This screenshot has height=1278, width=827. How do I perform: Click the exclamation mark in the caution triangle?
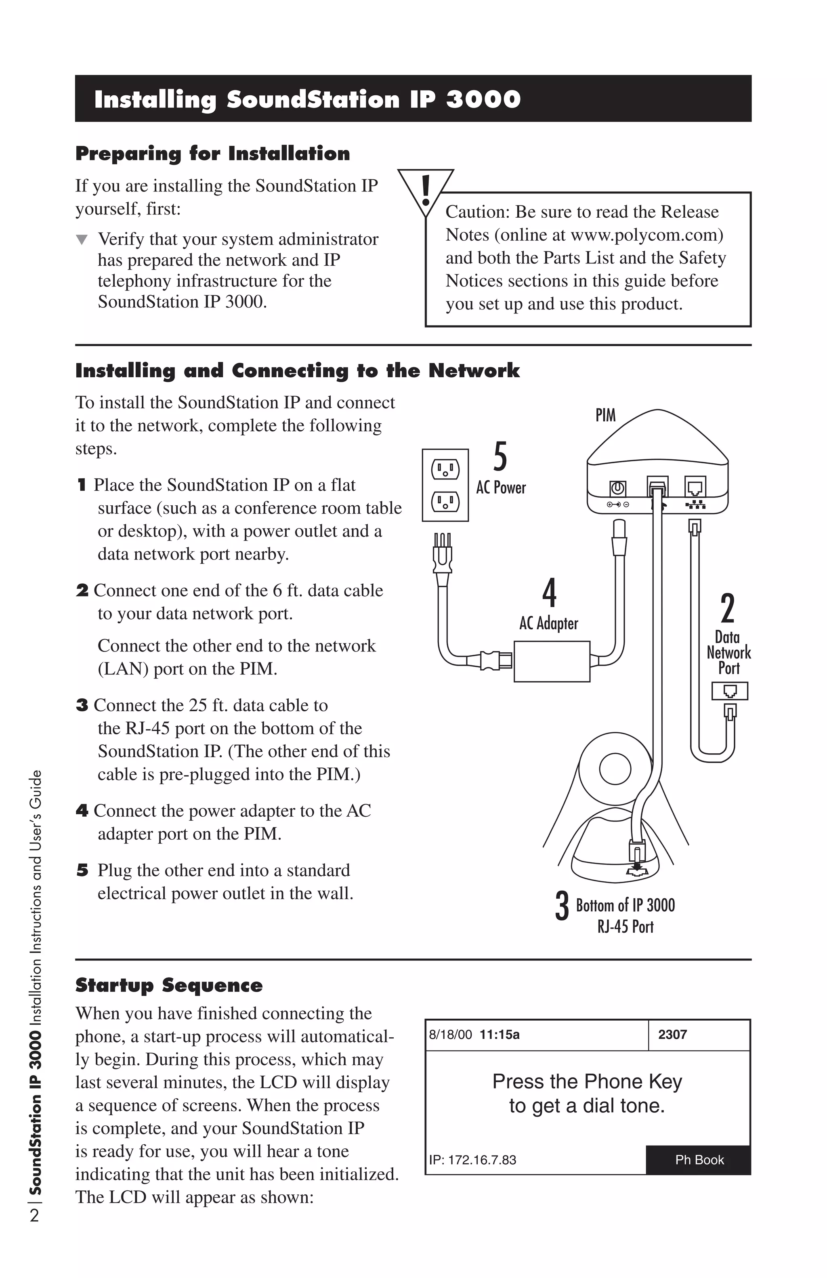(426, 191)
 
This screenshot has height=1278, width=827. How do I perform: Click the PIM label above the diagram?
(605, 415)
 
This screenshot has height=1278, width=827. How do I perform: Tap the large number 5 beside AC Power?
(500, 456)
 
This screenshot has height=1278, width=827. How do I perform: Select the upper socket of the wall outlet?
(445, 470)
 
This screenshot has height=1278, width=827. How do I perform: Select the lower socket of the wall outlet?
(445, 502)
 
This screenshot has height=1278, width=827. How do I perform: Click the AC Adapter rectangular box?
(552, 662)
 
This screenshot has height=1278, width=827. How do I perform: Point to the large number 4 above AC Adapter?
(549, 593)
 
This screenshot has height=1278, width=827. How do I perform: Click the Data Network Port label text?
(728, 653)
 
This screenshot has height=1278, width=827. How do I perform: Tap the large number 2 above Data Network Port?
(727, 608)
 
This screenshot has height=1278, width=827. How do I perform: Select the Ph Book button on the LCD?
(698, 1160)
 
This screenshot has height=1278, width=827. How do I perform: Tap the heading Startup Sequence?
(169, 985)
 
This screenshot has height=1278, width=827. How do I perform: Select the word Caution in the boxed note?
(476, 212)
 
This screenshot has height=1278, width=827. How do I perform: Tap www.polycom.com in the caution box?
(644, 235)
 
